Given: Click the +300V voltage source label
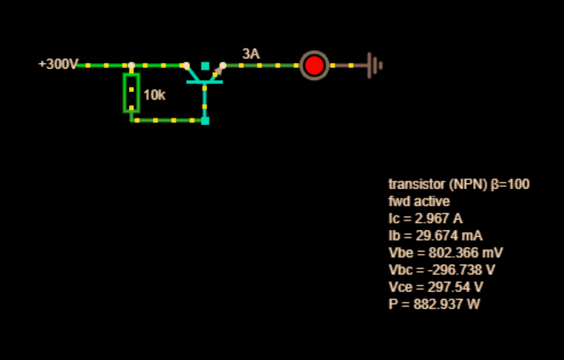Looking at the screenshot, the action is tap(58, 64).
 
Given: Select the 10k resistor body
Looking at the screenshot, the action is tap(131, 93).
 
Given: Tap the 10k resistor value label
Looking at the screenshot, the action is tap(154, 95).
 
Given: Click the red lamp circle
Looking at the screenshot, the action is tap(314, 65).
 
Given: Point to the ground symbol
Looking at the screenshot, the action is tap(375, 65).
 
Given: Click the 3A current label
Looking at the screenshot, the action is tap(251, 54).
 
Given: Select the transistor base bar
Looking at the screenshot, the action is tap(205, 82).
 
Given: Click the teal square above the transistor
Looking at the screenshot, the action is tap(205, 66).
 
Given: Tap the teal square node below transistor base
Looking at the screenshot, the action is tap(205, 121).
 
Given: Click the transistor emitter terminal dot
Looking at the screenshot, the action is tap(223, 65).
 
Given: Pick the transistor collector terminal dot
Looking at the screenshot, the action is tap(186, 65).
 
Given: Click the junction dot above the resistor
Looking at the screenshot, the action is tap(131, 65).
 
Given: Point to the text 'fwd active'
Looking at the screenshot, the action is tap(419, 201).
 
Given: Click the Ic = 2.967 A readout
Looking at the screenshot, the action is tap(426, 218).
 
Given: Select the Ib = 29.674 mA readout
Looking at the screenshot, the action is tap(436, 236).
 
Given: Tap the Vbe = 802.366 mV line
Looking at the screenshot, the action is tap(446, 253).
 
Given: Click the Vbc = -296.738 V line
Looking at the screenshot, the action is tap(442, 270).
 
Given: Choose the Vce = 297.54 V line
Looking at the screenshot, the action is tap(436, 288).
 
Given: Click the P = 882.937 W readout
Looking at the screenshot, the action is tap(434, 305).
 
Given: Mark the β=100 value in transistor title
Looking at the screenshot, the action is tap(510, 185).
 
